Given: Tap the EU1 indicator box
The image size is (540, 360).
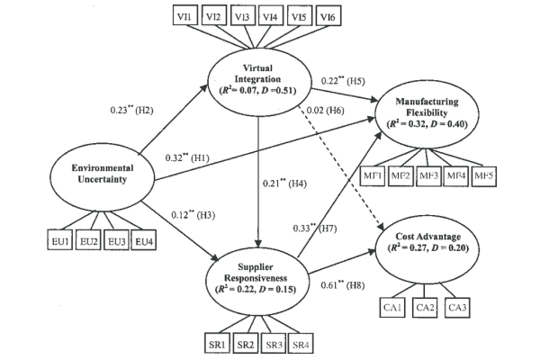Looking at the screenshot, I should pos(60,240).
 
